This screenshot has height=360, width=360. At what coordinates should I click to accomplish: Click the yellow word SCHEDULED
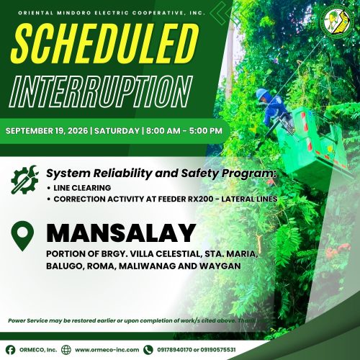click(105, 44)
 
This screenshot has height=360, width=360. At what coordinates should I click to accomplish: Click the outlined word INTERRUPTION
click(101, 91)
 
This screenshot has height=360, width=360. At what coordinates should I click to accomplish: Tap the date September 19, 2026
click(47, 131)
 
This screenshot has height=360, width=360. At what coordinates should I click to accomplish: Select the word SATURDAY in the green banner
click(117, 131)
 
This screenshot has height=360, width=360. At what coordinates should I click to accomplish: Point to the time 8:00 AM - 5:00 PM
click(184, 131)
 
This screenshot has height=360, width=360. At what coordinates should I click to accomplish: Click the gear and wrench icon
click(24, 179)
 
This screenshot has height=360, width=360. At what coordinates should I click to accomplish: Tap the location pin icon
click(22, 236)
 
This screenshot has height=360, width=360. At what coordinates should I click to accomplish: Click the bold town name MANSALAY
click(121, 233)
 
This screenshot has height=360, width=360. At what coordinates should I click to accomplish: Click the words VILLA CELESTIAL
click(165, 253)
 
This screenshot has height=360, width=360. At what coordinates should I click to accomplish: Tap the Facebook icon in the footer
click(10, 350)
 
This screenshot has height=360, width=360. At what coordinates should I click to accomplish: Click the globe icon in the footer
click(66, 350)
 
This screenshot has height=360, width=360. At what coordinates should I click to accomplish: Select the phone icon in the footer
click(148, 350)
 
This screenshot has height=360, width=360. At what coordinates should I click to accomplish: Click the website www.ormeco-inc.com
click(107, 350)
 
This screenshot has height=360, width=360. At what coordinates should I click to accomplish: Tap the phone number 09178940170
click(175, 350)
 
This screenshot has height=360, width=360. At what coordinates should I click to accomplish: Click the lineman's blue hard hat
click(262, 94)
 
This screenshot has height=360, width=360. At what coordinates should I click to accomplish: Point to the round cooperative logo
click(336, 22)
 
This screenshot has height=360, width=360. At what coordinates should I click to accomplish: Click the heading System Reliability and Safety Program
click(161, 174)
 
